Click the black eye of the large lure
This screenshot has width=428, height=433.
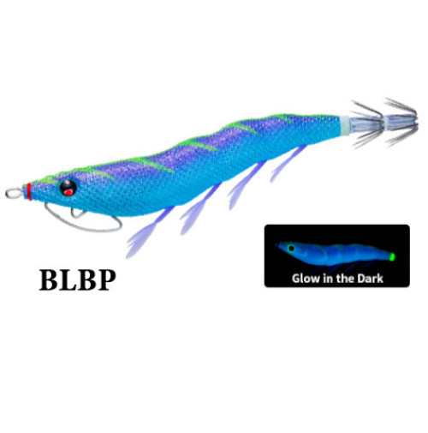[68, 188]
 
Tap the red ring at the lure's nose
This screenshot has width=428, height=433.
[29, 191]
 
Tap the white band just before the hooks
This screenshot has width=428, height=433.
[345, 124]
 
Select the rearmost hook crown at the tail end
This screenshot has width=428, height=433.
[401, 123]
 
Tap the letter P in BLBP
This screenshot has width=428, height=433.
[105, 280]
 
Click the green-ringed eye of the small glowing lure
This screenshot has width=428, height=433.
[291, 248]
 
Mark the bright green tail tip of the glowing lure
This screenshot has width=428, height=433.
[393, 256]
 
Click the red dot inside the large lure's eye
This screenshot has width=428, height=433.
[68, 192]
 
